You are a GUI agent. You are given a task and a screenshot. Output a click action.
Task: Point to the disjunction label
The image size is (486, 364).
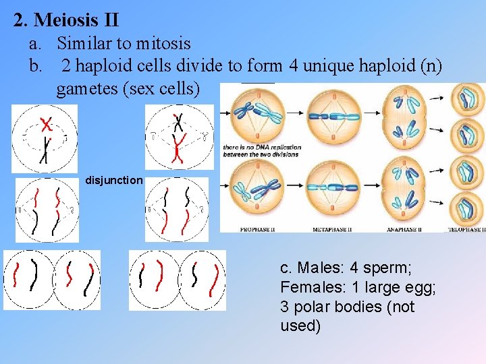114,181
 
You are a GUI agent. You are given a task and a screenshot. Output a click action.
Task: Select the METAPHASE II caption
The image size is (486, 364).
331,230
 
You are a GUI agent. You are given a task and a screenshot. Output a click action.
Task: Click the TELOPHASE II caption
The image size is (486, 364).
466,230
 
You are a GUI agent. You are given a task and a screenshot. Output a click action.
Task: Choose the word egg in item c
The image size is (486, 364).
418,288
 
